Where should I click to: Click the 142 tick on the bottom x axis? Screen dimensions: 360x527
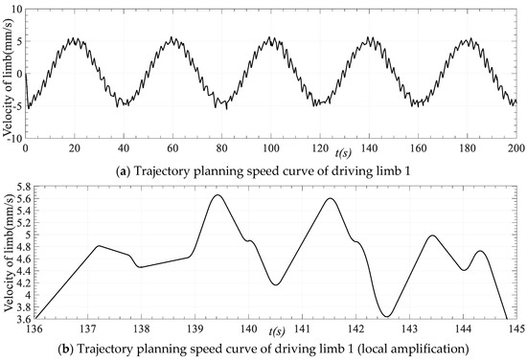pyautogui.click(x=356, y=327)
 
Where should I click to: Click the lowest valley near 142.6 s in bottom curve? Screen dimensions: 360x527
pyautogui.click(x=387, y=316)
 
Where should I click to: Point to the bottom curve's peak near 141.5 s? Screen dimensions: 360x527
pyautogui.click(x=330, y=198)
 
